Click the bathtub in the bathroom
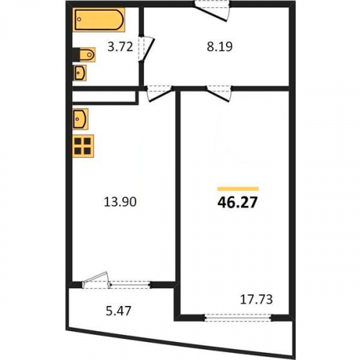[99, 19]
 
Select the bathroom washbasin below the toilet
[80, 73]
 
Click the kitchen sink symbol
[81, 119]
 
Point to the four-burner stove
[83, 146]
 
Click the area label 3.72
[120, 47]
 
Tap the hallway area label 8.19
[220, 47]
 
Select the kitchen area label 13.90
[120, 202]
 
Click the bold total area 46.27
[238, 202]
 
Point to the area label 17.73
[256, 300]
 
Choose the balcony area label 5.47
[118, 310]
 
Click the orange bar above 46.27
[238, 189]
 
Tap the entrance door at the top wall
[212, 11]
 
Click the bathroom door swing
[146, 49]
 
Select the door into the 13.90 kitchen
[160, 93]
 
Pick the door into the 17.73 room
[219, 93]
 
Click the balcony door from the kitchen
[96, 280]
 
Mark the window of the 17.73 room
[238, 318]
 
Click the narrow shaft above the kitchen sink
[105, 97]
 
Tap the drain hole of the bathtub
[80, 19]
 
